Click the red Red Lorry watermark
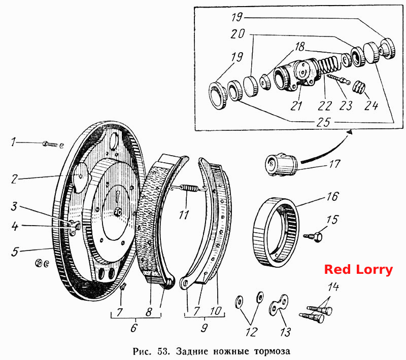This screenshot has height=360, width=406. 358,269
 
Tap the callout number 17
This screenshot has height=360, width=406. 334,164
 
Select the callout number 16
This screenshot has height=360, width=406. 332,197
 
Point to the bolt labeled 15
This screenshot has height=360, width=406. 313,237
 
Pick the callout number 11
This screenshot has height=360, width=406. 184,215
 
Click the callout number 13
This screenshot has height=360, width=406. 285,332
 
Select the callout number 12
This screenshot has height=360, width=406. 251,332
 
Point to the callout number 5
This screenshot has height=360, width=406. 15,252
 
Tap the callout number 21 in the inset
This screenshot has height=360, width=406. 296,105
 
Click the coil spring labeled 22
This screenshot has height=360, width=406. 328,66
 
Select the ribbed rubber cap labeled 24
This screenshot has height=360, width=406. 359,87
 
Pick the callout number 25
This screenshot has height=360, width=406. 323,122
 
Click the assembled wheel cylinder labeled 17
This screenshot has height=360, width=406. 281,165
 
